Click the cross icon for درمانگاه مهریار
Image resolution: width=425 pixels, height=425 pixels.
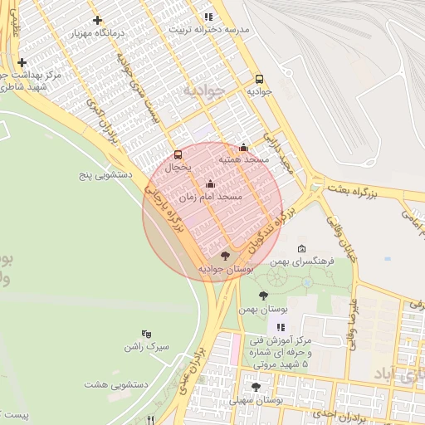pos(98,20)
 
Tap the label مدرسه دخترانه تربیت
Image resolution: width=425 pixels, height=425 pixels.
pos(208,29)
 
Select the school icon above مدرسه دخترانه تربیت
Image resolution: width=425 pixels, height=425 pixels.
pos(208,16)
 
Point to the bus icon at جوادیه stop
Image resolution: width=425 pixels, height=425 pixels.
pos(260,79)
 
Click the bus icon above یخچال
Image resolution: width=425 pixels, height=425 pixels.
pos(178,154)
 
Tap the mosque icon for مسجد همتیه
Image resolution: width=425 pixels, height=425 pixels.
pos(243,147)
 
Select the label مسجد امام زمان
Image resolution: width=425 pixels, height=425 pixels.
pos(210,198)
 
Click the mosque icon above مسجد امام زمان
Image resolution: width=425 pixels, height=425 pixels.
pos(209,184)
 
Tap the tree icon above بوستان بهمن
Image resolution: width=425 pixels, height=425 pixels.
pos(263,296)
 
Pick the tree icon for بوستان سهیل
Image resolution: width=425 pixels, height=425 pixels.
pos(256,387)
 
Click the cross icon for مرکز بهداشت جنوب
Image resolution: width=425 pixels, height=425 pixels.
pos(22,62)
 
